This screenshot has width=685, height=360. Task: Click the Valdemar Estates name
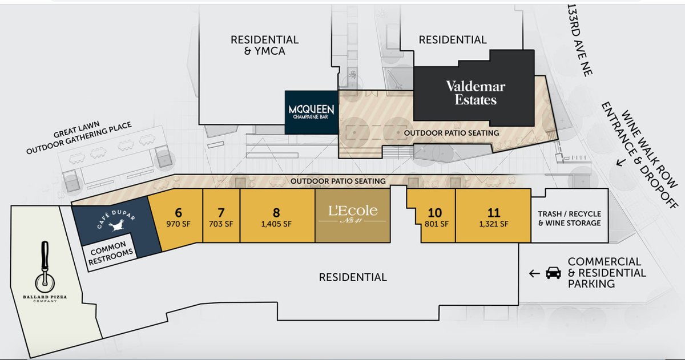click(471, 93)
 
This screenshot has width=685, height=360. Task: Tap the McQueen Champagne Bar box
click(311, 112)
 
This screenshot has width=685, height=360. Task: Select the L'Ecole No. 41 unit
click(352, 216)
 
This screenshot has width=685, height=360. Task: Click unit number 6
click(179, 214)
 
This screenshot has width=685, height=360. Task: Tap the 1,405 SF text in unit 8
click(276, 224)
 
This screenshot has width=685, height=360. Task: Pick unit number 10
click(435, 214)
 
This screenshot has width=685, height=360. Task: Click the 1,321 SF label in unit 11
click(493, 224)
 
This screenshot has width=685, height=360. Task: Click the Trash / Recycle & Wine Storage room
click(569, 219)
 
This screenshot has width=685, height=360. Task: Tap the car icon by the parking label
click(553, 273)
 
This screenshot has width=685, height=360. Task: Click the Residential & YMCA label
click(264, 46)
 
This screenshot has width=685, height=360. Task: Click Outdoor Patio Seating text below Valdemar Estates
click(451, 132)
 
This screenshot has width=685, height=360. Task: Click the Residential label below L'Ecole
click(352, 277)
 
